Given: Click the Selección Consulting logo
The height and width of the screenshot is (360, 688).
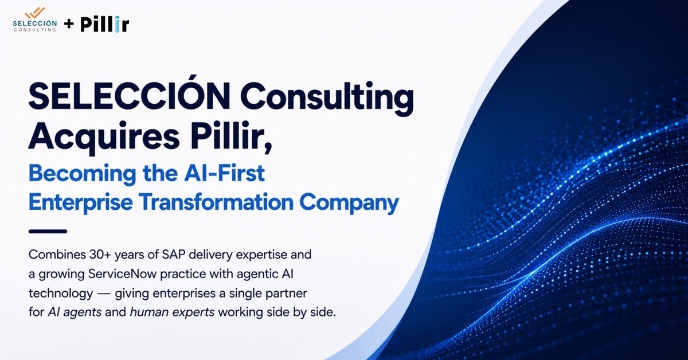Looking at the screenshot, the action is pos(35,19).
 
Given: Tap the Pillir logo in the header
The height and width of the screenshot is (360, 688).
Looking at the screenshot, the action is pos(105,24).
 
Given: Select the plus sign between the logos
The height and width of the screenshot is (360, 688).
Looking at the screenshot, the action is pos(69,24).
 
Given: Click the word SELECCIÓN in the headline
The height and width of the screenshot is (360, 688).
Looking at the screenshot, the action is pos(128,95).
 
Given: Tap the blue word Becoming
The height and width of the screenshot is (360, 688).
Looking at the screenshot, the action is pos(82,174).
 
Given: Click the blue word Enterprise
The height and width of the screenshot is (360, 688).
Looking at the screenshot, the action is pos(80,203).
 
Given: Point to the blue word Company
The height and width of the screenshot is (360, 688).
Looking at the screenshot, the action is pos(349,204).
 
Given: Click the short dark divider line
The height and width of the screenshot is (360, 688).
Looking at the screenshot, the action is pos(48,231).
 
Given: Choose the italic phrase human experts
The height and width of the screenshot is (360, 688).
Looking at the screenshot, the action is pos(172,312).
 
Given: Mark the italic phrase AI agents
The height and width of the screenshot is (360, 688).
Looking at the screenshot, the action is pos(75,312).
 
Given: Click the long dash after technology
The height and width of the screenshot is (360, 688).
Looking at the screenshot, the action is pos(104,294).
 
